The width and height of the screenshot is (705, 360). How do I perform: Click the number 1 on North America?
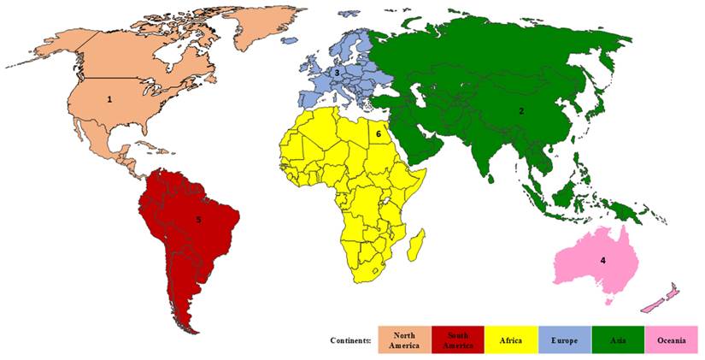[x=109, y=99]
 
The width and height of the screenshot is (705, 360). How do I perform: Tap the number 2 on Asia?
[x=521, y=110]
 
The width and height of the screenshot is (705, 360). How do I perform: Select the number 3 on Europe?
[x=337, y=74]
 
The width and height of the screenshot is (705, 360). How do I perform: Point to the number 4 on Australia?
[x=602, y=260]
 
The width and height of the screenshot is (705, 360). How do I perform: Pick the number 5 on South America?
[x=198, y=220]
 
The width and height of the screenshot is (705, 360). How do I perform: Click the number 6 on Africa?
[x=378, y=134]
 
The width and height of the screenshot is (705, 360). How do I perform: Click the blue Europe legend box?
[x=564, y=340]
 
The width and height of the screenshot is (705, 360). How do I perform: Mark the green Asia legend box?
[x=618, y=340]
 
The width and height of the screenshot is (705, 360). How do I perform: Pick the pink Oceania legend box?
[x=672, y=340]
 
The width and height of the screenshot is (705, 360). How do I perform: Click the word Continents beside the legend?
[x=350, y=340]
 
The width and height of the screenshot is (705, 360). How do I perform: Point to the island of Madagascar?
[x=416, y=245]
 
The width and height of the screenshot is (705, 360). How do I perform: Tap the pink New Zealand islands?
[x=661, y=298]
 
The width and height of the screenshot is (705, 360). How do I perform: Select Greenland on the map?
[x=256, y=26]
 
